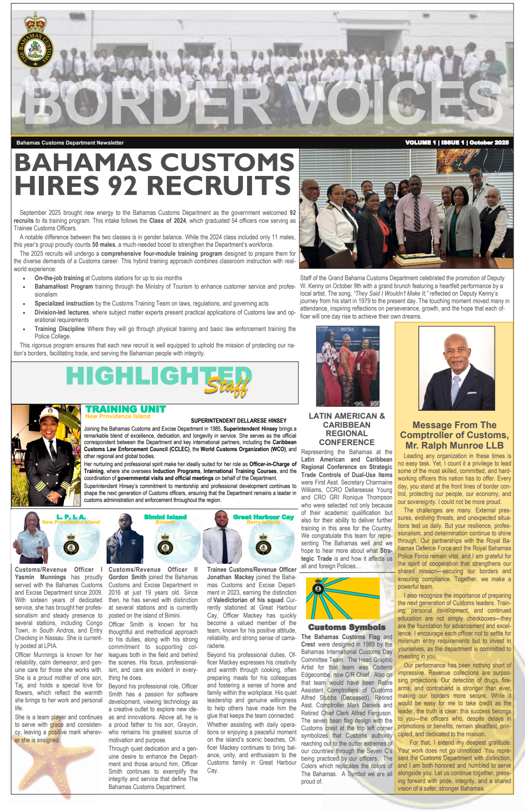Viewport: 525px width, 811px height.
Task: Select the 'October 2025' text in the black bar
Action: click(x=489, y=143)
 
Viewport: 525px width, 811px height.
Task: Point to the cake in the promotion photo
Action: click(x=413, y=259)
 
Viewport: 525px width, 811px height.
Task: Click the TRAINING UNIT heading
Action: click(x=126, y=409)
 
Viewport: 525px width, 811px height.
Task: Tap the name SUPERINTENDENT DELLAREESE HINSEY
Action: click(x=239, y=421)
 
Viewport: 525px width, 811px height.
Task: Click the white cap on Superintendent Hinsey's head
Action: click(x=49, y=413)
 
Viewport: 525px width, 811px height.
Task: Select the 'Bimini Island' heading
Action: click(x=165, y=517)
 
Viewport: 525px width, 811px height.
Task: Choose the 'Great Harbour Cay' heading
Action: click(x=263, y=517)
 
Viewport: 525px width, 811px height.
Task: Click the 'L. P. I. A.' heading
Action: click(x=71, y=517)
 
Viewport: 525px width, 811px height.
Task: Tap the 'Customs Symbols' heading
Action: click(x=347, y=627)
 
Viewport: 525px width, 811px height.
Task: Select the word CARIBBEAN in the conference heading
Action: click(x=347, y=425)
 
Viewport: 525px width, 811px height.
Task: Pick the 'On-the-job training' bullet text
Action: click(x=59, y=278)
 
